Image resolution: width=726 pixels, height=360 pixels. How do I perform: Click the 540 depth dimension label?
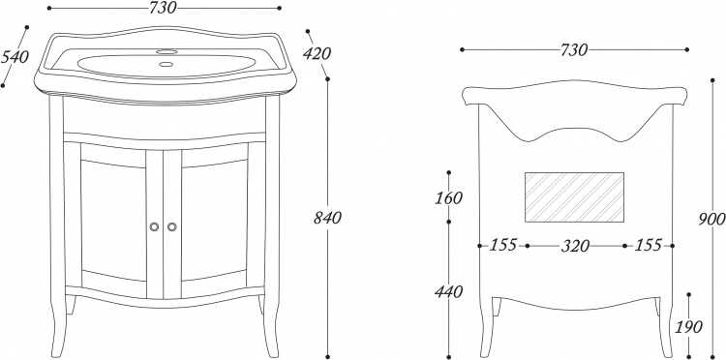[x=15, y=57]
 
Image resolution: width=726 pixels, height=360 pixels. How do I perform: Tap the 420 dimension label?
[x=317, y=54]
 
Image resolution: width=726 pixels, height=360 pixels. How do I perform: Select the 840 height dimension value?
[x=327, y=218]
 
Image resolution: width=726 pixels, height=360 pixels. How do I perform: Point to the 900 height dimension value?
[x=712, y=220]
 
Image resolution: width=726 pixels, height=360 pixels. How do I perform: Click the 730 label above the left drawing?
[x=163, y=8]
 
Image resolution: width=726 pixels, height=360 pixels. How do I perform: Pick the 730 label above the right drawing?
[x=574, y=49]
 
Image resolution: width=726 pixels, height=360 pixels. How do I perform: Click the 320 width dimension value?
[x=576, y=246]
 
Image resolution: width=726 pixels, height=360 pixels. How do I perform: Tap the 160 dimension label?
[x=448, y=197]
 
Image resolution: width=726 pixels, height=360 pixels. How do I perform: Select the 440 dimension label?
[x=448, y=292]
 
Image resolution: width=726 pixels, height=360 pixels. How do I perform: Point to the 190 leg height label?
[x=689, y=327]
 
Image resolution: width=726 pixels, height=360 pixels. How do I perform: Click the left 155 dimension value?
[x=502, y=245]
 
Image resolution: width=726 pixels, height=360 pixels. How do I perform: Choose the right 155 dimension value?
[x=648, y=245]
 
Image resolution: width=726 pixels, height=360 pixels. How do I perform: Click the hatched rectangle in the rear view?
[x=574, y=197]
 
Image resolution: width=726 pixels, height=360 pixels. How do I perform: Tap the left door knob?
[x=154, y=226]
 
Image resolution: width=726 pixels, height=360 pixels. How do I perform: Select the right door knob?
[x=171, y=226]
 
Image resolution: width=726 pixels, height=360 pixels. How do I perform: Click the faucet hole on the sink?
[x=166, y=51]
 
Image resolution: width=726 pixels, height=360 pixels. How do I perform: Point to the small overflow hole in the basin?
[x=166, y=64]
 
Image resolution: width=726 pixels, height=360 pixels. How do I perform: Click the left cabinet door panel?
[x=113, y=221]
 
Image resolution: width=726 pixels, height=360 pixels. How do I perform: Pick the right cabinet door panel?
[x=214, y=221]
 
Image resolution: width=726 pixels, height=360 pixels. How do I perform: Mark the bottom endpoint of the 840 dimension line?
[x=327, y=357]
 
